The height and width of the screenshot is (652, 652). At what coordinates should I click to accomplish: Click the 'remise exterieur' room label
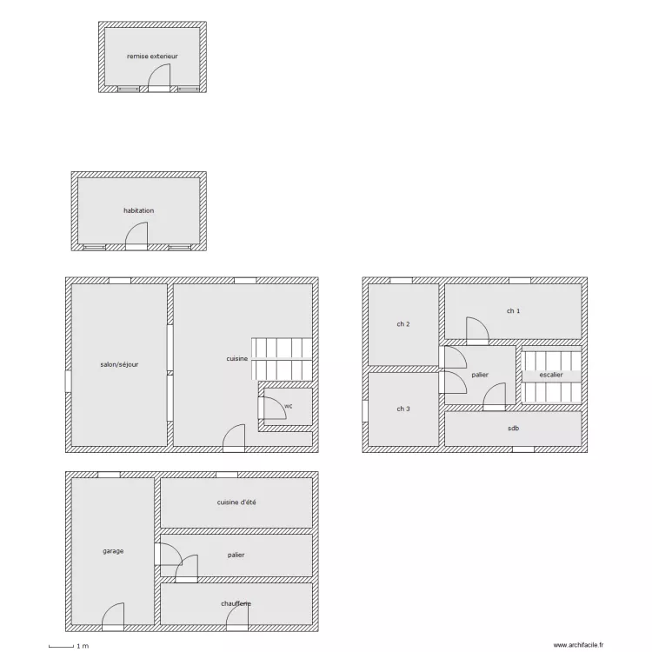[x=152, y=57]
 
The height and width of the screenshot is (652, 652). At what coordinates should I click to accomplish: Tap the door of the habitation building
[x=136, y=236]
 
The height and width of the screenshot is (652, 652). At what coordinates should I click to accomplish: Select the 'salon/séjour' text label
[x=119, y=364]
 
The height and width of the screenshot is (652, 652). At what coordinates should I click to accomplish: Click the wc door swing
[x=272, y=408]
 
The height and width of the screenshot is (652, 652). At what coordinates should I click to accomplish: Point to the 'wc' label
[x=288, y=406]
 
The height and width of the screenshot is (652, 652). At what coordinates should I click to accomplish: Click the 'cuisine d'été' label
[x=236, y=502]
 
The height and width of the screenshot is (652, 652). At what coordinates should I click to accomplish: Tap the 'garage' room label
[x=113, y=551]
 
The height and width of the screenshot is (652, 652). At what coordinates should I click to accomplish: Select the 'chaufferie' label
[x=236, y=603]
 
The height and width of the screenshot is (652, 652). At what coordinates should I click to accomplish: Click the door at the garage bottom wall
[x=113, y=617]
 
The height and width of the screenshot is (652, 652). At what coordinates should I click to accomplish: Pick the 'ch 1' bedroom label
[x=513, y=311]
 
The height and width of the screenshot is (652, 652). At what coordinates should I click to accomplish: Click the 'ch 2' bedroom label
[x=403, y=324]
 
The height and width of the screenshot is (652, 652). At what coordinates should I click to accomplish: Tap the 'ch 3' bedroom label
[x=403, y=409]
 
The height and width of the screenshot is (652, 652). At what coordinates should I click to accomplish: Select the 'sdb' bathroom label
[x=514, y=429]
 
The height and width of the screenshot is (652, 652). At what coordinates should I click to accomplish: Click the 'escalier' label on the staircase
[x=551, y=375]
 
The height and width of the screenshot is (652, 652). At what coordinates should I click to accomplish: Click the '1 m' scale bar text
[x=83, y=646]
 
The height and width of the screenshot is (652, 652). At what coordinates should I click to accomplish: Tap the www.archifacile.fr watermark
[x=578, y=645]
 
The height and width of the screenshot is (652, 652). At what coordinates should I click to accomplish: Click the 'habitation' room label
[x=138, y=211]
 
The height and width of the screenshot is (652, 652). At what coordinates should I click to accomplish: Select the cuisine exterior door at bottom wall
[x=234, y=438]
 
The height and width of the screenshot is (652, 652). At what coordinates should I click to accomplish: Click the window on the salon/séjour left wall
[x=68, y=382]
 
